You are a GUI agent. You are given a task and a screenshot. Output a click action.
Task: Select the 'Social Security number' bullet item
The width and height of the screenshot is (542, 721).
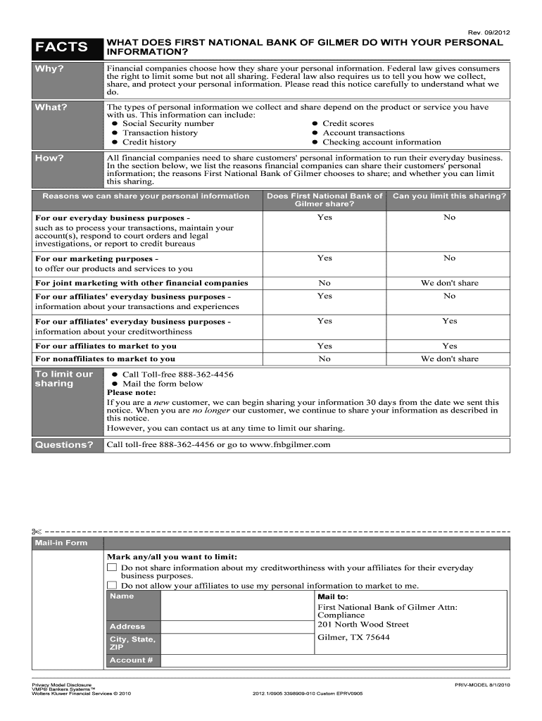pyautogui.click(x=168, y=123)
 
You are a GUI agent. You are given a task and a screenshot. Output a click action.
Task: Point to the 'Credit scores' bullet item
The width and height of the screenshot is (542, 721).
pyautogui.click(x=348, y=123)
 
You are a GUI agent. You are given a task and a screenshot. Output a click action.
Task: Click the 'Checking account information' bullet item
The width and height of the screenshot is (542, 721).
pyautogui.click(x=382, y=142)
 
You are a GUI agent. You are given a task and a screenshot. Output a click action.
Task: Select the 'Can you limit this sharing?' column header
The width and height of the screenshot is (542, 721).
pyautogui.click(x=449, y=196)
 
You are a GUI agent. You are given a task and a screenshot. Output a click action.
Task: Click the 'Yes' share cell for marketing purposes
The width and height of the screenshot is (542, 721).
pyautogui.click(x=324, y=258)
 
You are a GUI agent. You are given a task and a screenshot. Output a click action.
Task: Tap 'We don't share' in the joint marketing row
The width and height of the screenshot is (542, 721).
pyautogui.click(x=449, y=283)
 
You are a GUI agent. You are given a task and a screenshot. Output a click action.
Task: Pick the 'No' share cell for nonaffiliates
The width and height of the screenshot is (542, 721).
pyautogui.click(x=324, y=359)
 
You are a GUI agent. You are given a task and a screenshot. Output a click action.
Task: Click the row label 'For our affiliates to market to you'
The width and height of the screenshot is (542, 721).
pyautogui.click(x=106, y=346)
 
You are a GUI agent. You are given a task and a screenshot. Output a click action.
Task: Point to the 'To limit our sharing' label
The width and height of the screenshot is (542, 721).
pyautogui.click(x=64, y=379)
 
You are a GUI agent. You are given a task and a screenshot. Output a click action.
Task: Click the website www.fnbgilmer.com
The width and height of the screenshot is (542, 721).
pyautogui.click(x=290, y=445)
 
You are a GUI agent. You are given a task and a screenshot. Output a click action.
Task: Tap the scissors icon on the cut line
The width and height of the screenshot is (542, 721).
pyautogui.click(x=37, y=530)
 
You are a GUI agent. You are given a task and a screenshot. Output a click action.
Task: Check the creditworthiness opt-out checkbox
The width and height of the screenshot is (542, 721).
pyautogui.click(x=112, y=568)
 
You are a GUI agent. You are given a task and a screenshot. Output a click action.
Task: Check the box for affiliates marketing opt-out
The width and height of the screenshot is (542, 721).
pyautogui.click(x=112, y=585)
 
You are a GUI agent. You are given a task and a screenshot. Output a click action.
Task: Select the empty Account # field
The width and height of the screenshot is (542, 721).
pyautogui.click(x=333, y=660)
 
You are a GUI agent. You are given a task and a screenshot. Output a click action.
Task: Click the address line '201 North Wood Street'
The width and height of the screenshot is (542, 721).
pyautogui.click(x=363, y=625)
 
